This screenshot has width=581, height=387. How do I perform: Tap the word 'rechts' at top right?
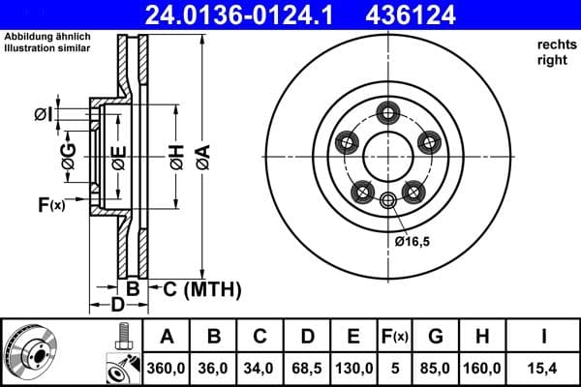click(x=554, y=45)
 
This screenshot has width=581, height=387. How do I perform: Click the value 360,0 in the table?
click(x=168, y=368)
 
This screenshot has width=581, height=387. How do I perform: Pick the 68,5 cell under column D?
click(x=307, y=368)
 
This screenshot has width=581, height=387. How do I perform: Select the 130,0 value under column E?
click(x=354, y=368)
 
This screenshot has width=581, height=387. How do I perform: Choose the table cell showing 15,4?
click(x=545, y=368)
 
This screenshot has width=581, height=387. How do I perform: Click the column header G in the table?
click(x=436, y=338)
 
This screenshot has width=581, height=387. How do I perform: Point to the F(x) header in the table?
click(x=395, y=338)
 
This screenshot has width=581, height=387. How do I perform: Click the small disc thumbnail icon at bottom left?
click(x=30, y=352)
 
